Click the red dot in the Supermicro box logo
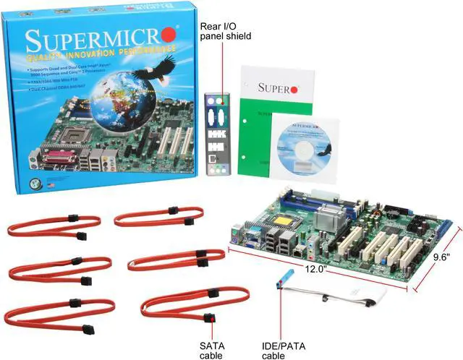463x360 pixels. point(169,33)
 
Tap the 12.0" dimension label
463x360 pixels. point(315,269)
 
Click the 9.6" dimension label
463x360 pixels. point(441,257)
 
